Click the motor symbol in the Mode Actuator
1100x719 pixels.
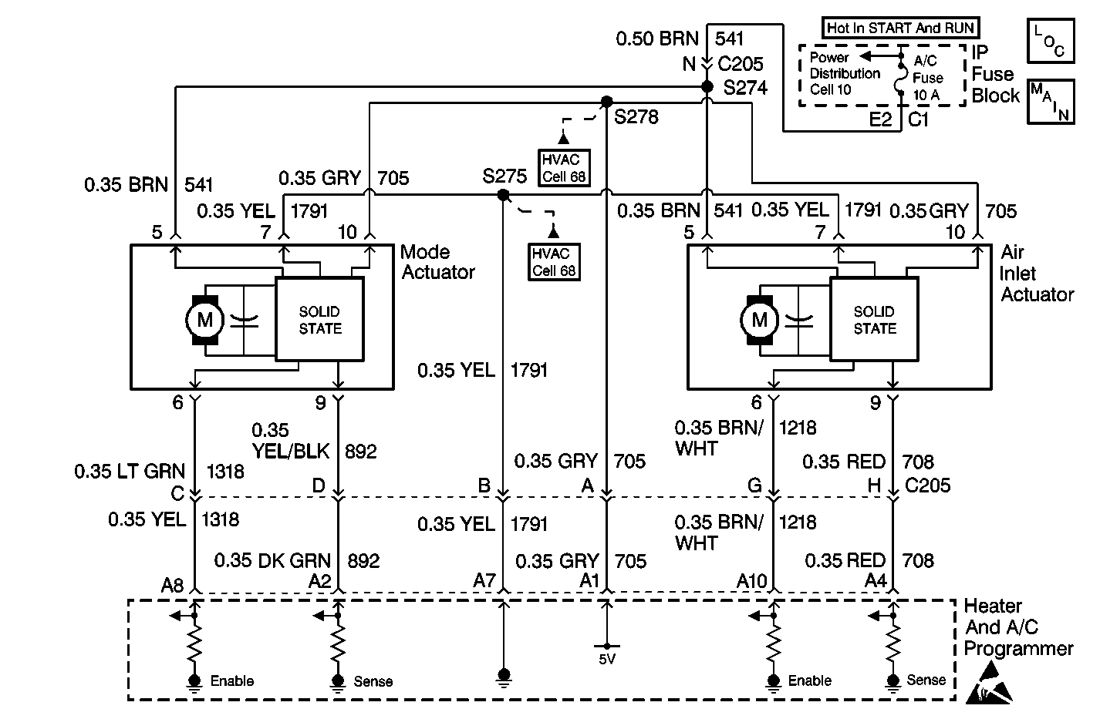(204, 319)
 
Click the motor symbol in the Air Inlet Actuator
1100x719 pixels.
(760, 319)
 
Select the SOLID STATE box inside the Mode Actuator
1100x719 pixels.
(319, 319)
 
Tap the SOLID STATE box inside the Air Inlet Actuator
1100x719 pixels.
(874, 319)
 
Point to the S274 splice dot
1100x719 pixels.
(707, 87)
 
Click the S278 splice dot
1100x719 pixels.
(606, 102)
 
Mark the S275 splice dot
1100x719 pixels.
(503, 195)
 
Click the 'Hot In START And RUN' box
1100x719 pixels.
(901, 29)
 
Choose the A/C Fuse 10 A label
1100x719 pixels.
(928, 78)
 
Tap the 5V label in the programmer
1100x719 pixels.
(607, 659)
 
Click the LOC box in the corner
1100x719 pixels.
(1050, 41)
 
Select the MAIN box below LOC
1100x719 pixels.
(1050, 100)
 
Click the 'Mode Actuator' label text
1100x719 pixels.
(437, 262)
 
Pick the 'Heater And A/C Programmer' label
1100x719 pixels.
(1018, 627)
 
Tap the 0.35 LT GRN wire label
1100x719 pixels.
(130, 472)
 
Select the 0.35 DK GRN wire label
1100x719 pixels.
(272, 560)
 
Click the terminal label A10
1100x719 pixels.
(753, 580)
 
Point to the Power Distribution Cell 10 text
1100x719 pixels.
(845, 73)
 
